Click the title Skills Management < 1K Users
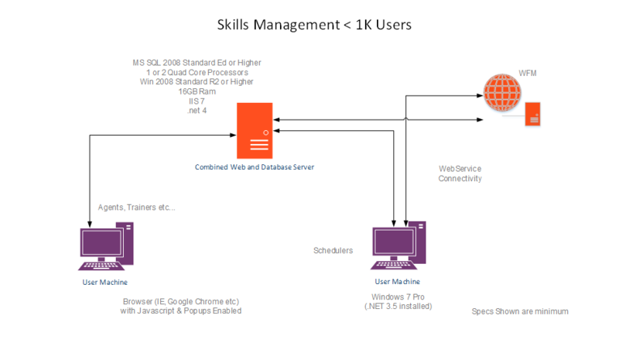[x=313, y=25]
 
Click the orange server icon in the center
[x=255, y=131]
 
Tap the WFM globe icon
[x=499, y=91]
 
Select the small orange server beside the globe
[x=532, y=115]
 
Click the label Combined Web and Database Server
[x=255, y=167]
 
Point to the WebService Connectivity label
[x=460, y=173]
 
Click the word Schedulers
[x=333, y=251]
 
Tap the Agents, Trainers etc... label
[x=137, y=207]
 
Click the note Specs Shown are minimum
[x=520, y=311]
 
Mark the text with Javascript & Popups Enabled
[x=181, y=311]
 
